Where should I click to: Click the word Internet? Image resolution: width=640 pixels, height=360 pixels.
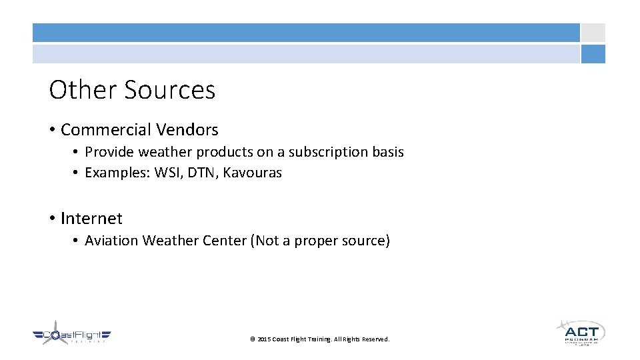point(91,218)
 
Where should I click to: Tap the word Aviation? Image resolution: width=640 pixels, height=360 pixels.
point(111,241)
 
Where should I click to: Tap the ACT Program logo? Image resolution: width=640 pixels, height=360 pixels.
point(580,331)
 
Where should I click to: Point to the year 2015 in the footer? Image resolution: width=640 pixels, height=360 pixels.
point(264,339)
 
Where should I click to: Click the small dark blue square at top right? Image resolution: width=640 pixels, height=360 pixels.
point(593,54)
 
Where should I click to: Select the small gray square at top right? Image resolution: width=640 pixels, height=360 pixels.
point(593,33)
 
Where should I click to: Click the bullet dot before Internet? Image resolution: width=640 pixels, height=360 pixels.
point(52,219)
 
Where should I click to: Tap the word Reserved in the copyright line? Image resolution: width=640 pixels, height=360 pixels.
point(376,339)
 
